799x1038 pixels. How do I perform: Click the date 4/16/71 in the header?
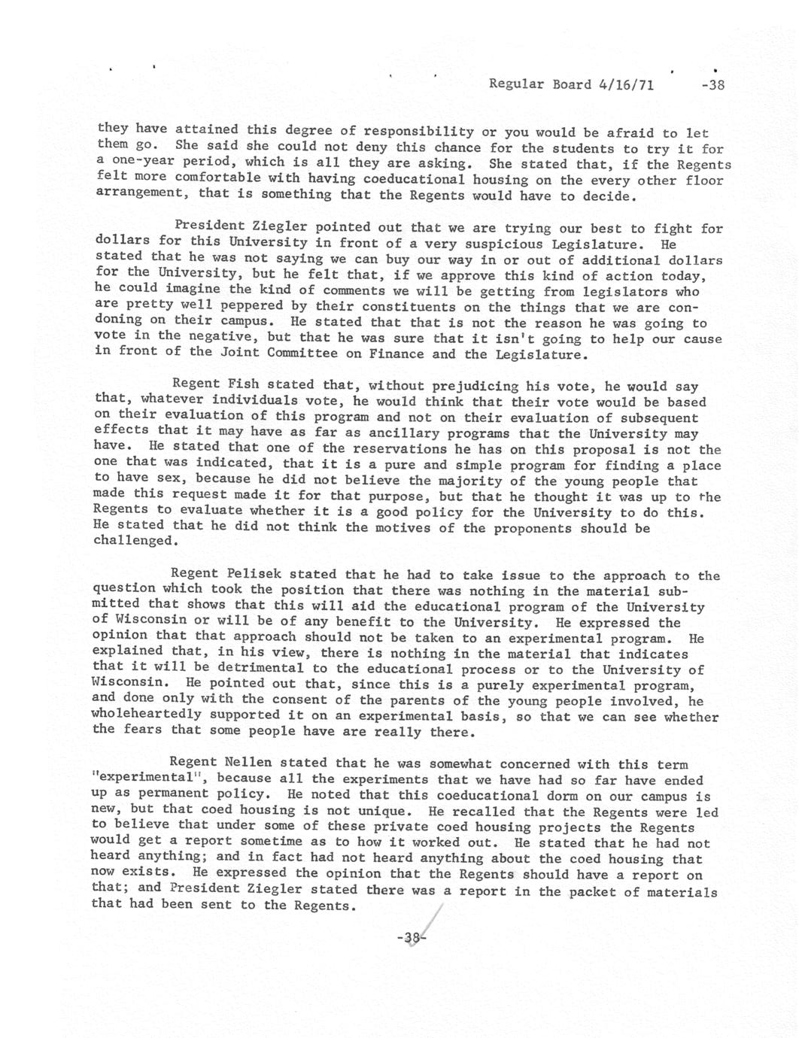point(626,84)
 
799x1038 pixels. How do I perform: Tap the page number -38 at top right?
point(711,85)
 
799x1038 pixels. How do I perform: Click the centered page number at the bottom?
point(410,938)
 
